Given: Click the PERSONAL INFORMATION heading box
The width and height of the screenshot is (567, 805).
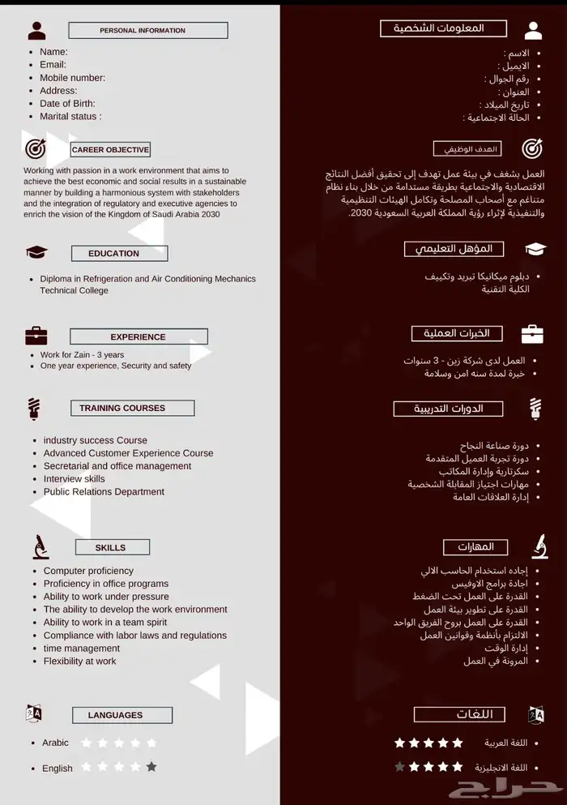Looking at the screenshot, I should (147, 31).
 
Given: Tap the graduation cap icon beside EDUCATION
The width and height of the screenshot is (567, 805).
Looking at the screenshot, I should (36, 253).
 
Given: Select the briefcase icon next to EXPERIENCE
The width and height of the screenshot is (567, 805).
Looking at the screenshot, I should (36, 336).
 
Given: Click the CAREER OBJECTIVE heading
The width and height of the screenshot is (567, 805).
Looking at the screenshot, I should (110, 150).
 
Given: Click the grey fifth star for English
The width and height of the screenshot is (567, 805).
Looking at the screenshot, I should (151, 767).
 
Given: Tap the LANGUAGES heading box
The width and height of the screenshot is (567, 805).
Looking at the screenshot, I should (122, 715).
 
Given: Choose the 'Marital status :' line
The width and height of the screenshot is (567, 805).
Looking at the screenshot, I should (70, 116).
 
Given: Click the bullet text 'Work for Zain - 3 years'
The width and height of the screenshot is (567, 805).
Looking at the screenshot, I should (83, 355).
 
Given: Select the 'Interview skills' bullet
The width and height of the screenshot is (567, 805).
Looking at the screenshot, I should (75, 479).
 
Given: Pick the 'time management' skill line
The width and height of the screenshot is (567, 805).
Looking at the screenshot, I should (82, 649).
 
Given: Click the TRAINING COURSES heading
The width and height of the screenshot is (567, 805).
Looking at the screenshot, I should (123, 409).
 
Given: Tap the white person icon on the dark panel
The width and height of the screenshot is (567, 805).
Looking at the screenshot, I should (533, 31).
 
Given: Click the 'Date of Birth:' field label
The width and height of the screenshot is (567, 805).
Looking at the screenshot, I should (67, 103).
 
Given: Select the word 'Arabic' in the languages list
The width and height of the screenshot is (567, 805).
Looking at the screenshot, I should (56, 743).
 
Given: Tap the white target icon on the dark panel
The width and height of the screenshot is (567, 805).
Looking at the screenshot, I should (532, 148).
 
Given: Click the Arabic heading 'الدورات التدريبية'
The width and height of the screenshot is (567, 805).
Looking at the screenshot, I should (448, 409).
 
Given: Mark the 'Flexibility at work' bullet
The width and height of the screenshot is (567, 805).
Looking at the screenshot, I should (80, 662).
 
